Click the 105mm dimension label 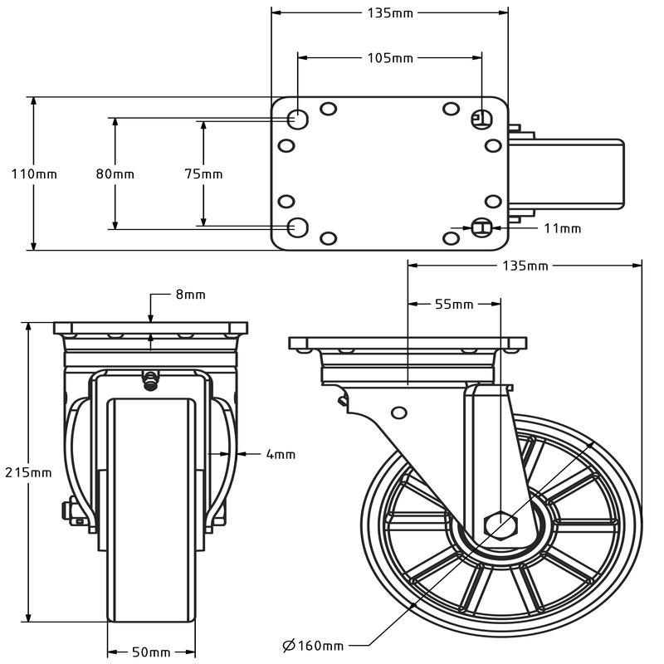coord(390,58)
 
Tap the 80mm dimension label coord(115,174)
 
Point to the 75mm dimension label coord(203,174)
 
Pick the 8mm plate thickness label coord(190,295)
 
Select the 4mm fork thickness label coord(281,454)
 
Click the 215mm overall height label coord(28,472)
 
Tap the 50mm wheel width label coord(151,652)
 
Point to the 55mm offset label coord(454,305)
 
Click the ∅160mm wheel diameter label coord(313,646)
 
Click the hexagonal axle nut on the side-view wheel coord(500,525)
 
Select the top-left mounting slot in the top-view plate coord(296,119)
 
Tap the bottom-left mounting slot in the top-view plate coord(296,226)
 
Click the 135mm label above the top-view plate coord(389,12)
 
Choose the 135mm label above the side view coord(525,266)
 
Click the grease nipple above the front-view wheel coord(151,381)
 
